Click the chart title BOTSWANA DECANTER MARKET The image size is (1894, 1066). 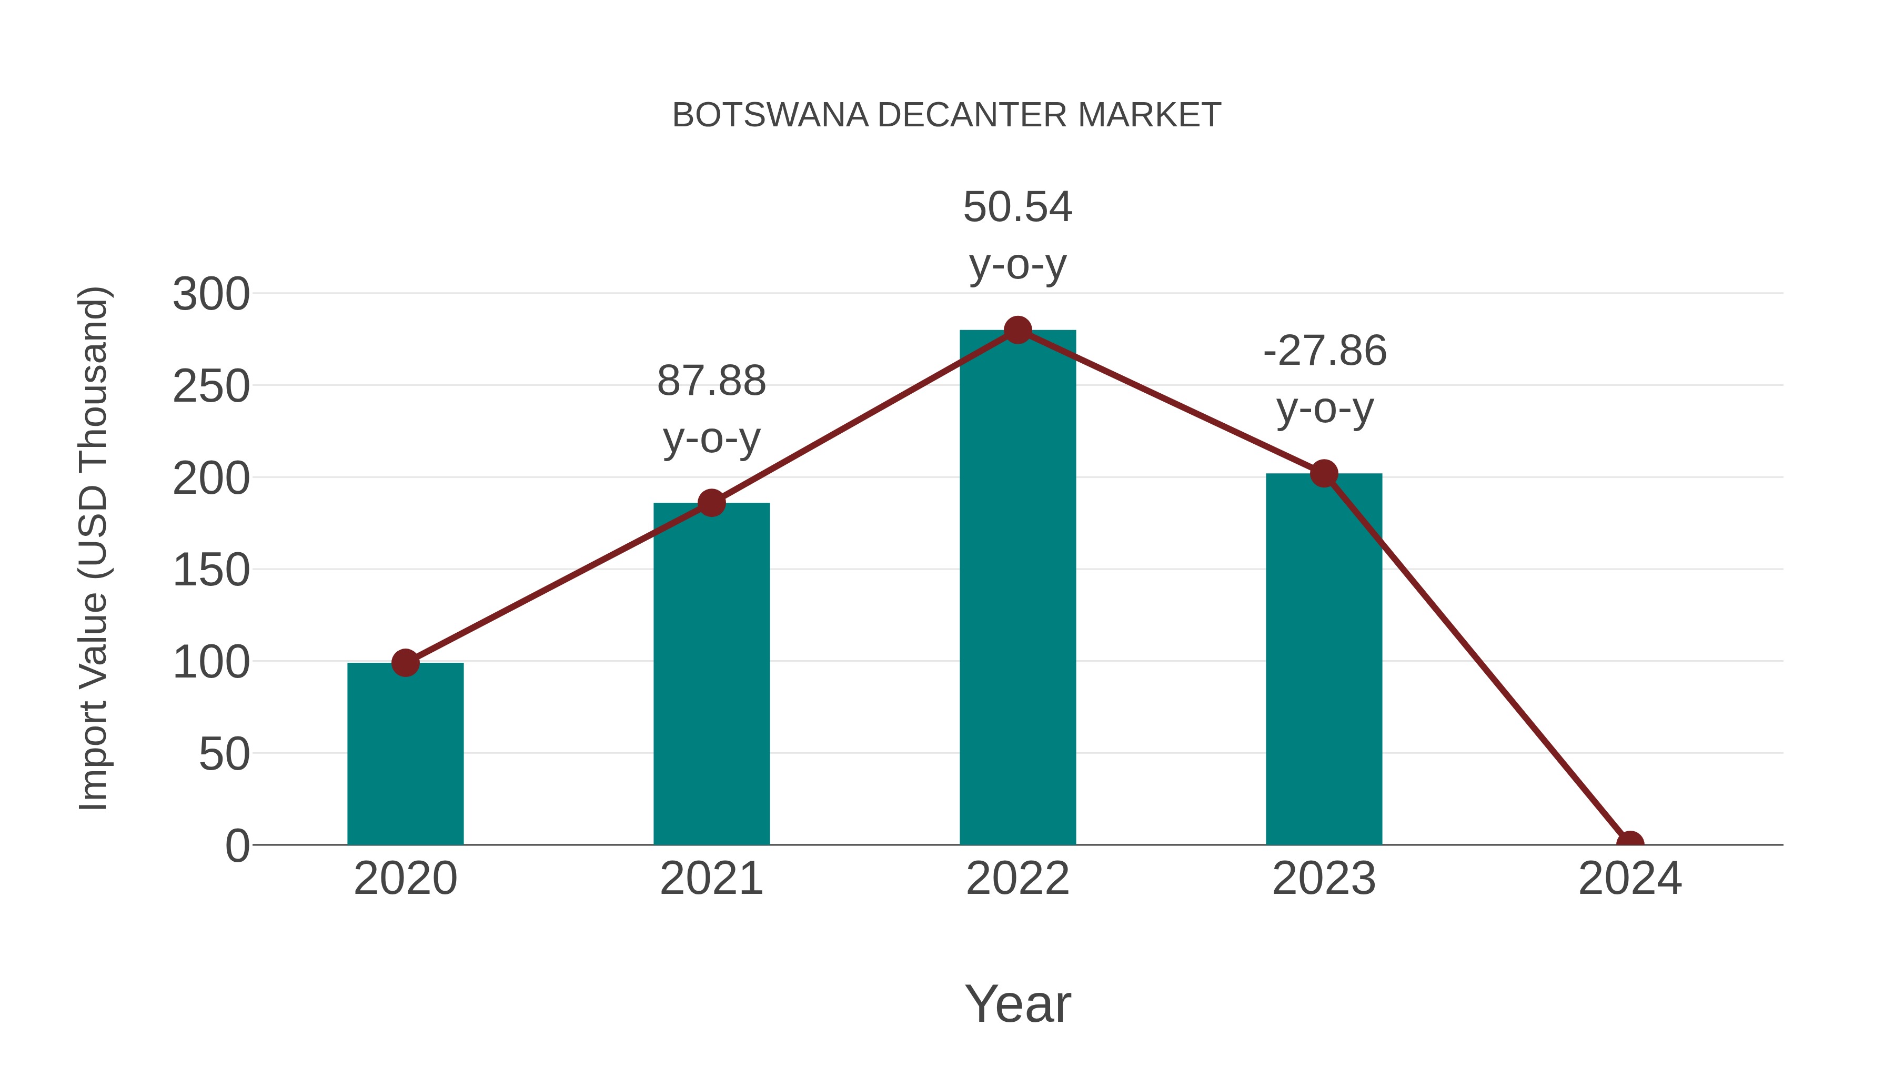[946, 115]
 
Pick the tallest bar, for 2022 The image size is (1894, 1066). [1017, 589]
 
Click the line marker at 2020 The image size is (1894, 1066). [405, 663]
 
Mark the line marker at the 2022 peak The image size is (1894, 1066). [1017, 330]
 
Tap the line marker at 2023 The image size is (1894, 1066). [1324, 474]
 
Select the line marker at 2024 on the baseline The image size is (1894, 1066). [1630, 843]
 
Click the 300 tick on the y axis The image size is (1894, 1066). [211, 294]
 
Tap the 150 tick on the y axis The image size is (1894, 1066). [211, 570]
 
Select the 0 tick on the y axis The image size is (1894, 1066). [237, 846]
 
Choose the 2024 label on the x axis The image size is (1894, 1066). [1630, 879]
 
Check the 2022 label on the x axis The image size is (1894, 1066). [1017, 879]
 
